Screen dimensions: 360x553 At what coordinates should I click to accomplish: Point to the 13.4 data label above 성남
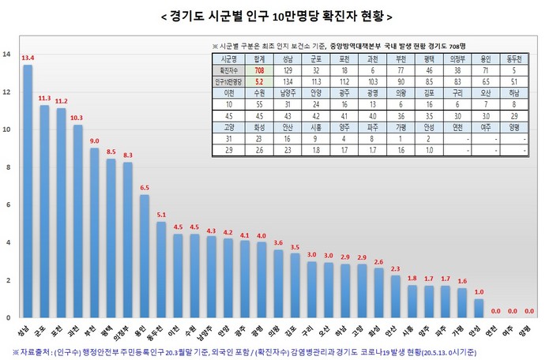(28, 58)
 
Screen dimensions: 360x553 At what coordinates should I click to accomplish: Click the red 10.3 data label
(77, 118)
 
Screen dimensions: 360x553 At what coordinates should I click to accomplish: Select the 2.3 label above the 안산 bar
(395, 269)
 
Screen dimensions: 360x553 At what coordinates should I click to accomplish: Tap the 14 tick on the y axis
(7, 54)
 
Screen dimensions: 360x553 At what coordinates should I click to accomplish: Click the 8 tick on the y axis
(7, 167)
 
